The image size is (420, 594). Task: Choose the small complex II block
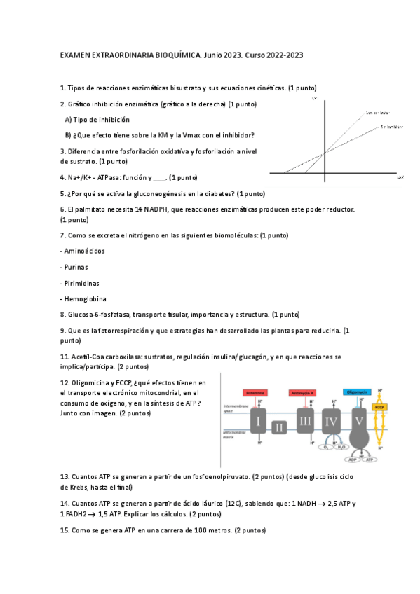pyautogui.click(x=280, y=427)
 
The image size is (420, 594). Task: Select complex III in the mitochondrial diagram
pyautogui.click(x=304, y=422)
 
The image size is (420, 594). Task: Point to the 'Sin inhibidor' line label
pyautogui.click(x=391, y=127)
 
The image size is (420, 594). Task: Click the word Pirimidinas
pyautogui.click(x=81, y=283)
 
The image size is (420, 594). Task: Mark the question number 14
pyautogui.click(x=64, y=502)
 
